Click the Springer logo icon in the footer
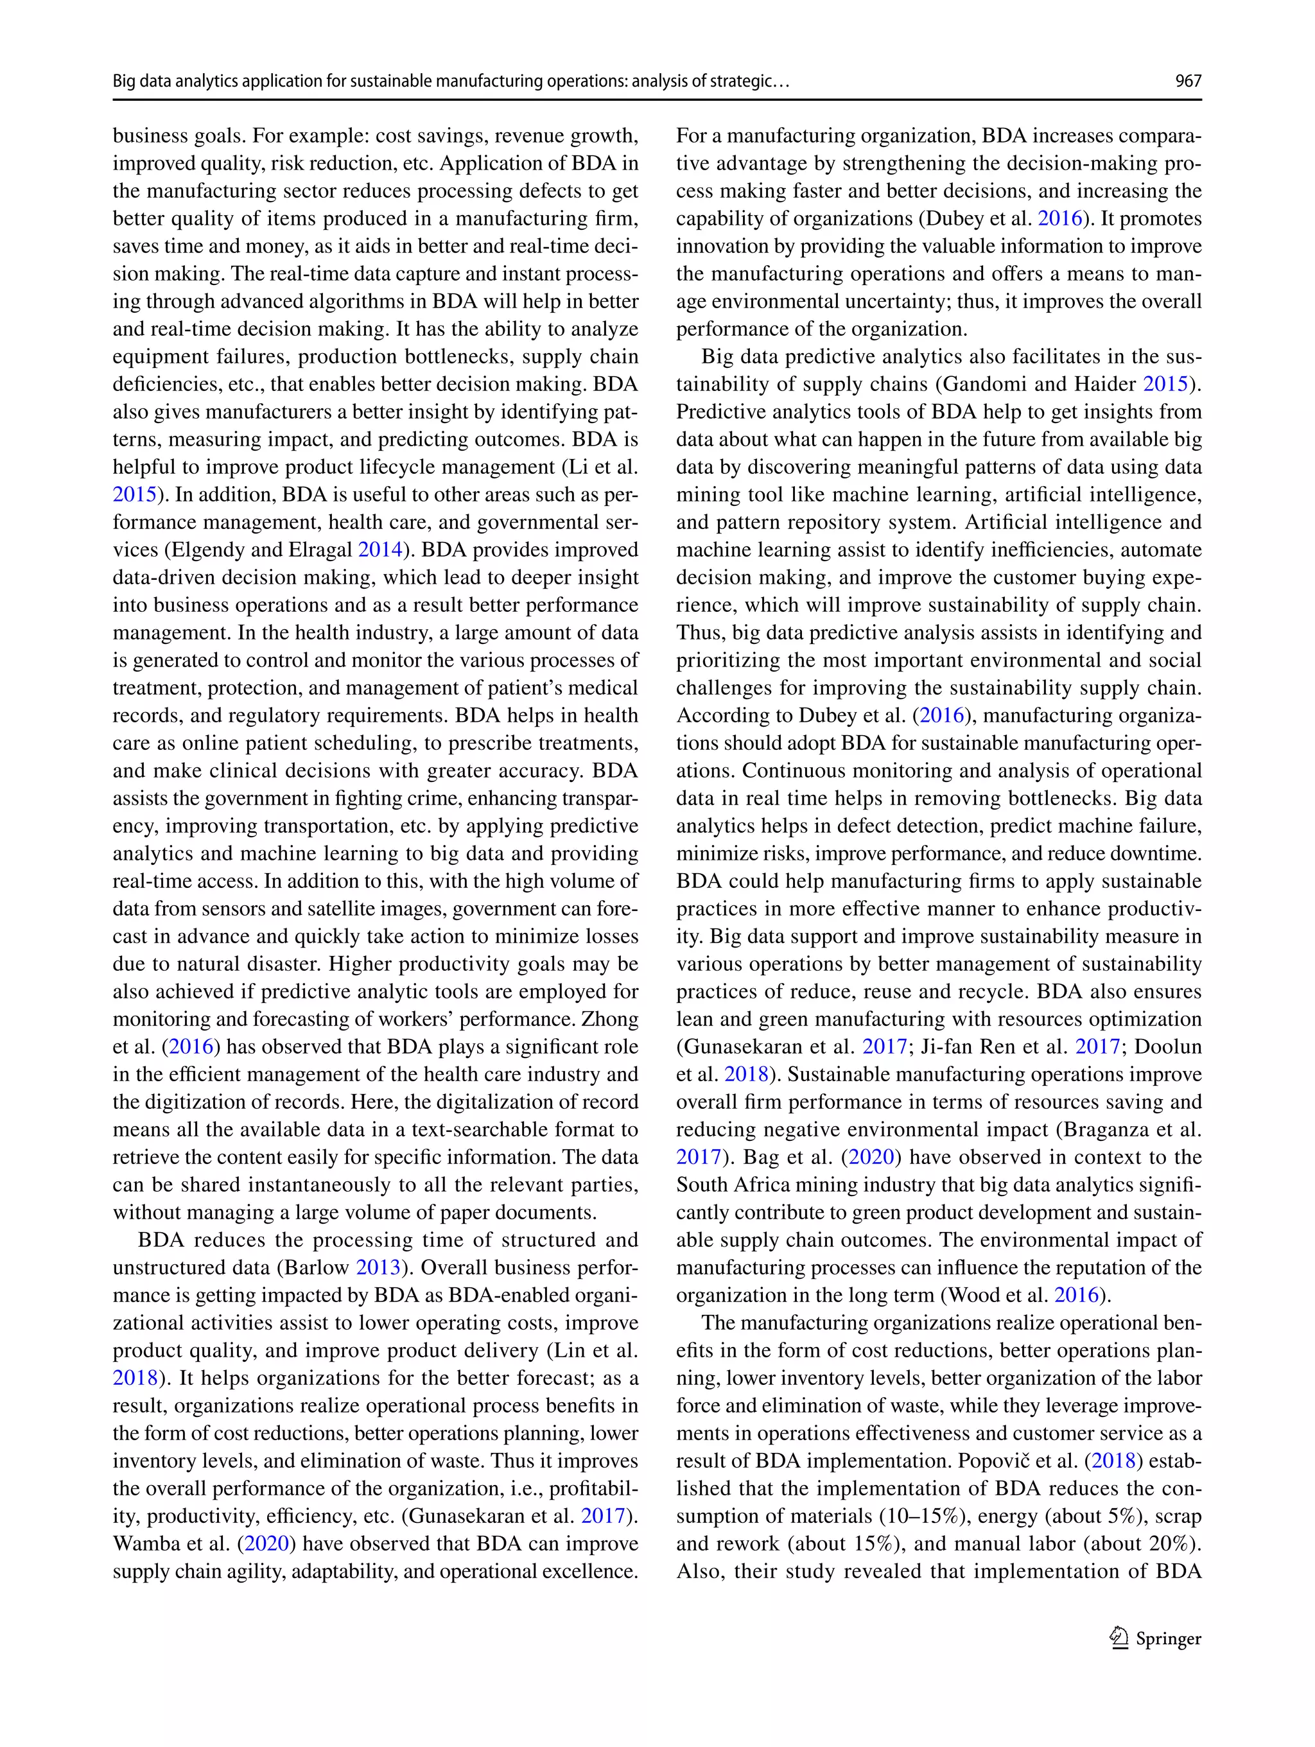pos(1119,1638)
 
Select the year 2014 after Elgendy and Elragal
pos(380,550)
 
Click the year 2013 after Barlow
pos(378,1267)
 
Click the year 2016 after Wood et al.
pos(1077,1295)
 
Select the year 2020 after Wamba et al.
pos(266,1544)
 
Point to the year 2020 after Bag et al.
pos(871,1158)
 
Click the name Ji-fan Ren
pos(968,1047)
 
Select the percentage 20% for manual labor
pos(1174,1544)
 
